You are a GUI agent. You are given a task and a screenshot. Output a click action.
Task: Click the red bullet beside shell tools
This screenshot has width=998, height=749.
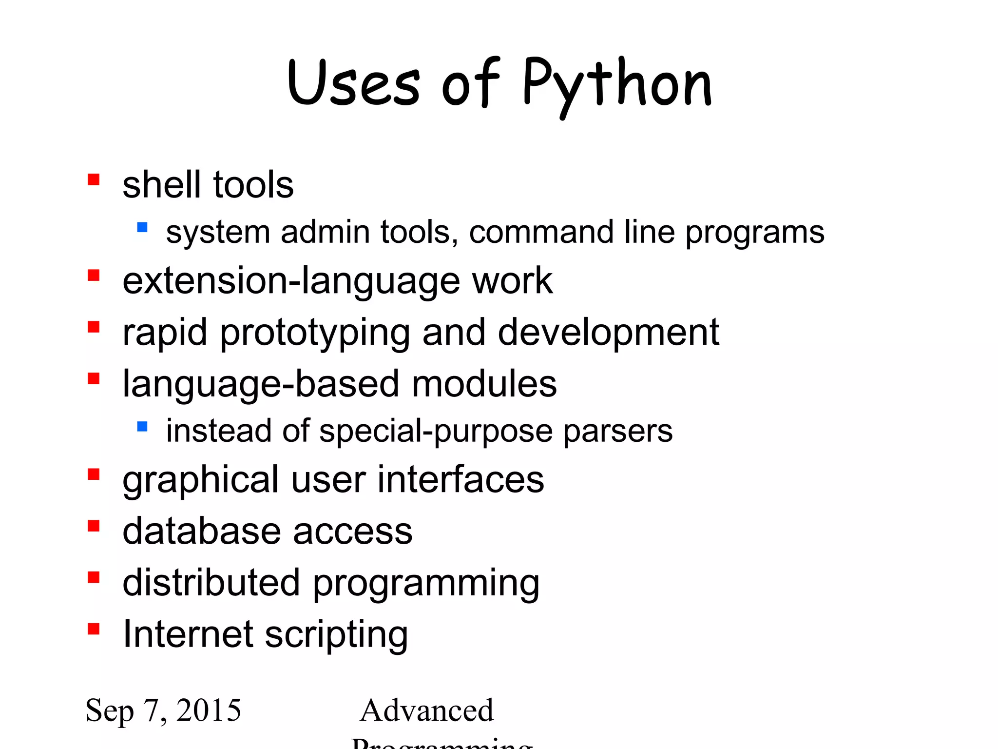tap(94, 180)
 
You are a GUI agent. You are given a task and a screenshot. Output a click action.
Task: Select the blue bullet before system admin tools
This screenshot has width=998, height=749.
tap(142, 227)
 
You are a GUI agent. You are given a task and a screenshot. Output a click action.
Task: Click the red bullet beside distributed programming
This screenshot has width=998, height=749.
tap(94, 577)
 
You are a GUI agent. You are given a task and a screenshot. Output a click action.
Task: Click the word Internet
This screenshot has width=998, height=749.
tap(187, 634)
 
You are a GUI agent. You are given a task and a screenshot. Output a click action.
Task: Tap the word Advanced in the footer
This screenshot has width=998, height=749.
tap(427, 710)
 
